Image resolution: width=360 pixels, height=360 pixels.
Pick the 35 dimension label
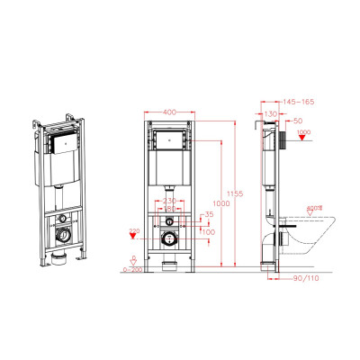pyautogui.click(x=208, y=214)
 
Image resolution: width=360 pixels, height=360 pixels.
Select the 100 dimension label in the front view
pyautogui.click(x=209, y=232)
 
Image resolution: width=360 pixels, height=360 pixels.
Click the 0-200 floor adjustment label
pyautogui.click(x=132, y=269)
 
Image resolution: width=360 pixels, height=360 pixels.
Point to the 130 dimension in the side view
pyautogui.click(x=269, y=114)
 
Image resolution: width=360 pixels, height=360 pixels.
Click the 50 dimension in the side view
pyautogui.click(x=297, y=120)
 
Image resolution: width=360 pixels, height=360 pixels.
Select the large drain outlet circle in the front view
pyautogui.click(x=168, y=239)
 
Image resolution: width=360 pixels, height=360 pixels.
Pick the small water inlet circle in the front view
pyautogui.click(x=168, y=220)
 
